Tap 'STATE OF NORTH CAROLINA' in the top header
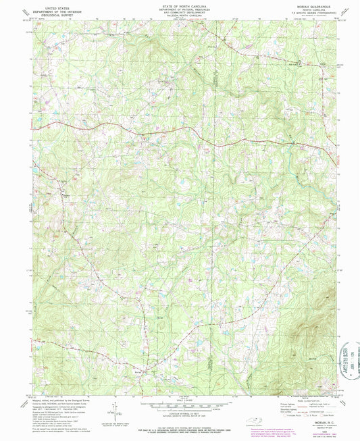[x=180, y=5]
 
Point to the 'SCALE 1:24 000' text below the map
[x=180, y=403]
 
